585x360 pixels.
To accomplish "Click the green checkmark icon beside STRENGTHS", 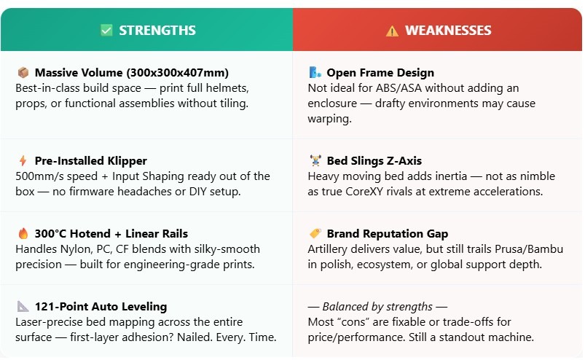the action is (x=106, y=30).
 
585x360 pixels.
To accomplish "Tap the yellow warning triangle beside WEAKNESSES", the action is (x=392, y=31).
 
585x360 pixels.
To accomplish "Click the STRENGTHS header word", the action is (x=157, y=30).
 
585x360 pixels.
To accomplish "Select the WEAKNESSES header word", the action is (x=448, y=30).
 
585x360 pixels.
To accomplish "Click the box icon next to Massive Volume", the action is (x=23, y=72).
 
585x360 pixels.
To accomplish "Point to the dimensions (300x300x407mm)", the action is (x=178, y=72).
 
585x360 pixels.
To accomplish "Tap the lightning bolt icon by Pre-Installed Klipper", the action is (x=23, y=160).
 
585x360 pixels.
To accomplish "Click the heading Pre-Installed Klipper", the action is (x=90, y=161).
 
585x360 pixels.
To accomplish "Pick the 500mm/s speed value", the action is (x=56, y=176).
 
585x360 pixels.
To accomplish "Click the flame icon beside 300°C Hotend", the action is (x=23, y=233).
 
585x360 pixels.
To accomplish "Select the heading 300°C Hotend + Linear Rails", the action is (x=111, y=233).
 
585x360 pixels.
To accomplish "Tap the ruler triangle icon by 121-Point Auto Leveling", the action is (x=23, y=306).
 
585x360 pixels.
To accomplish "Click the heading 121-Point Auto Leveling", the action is (x=101, y=307).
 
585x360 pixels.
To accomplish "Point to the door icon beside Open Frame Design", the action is (x=315, y=72).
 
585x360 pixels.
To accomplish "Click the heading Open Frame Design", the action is (x=380, y=72).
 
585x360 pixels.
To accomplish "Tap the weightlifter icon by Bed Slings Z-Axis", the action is (x=315, y=160).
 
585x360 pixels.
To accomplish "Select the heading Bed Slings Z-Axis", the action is (x=374, y=161).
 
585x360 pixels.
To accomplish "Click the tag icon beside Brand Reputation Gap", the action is (x=315, y=233).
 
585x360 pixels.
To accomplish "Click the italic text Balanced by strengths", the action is (x=377, y=307).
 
